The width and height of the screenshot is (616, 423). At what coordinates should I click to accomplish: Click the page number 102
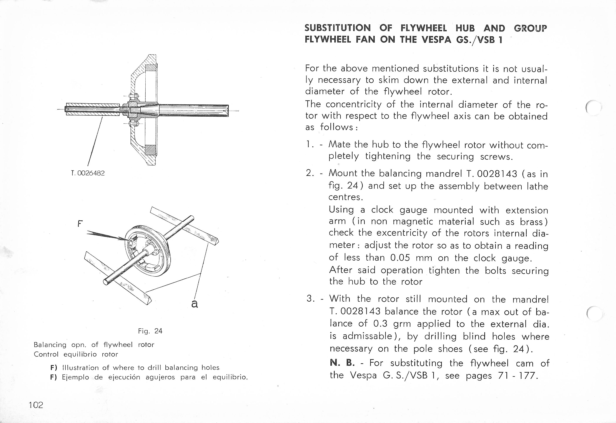36,405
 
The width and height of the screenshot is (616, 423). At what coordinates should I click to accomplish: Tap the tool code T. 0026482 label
88,173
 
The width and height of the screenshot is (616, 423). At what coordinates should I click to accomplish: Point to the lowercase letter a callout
195,304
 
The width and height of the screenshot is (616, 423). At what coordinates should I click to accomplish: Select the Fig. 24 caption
150,331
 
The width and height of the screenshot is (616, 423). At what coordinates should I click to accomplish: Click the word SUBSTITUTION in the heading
337,28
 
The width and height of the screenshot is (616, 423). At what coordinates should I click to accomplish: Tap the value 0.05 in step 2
400,257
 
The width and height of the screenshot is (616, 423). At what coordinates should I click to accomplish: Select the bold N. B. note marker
342,363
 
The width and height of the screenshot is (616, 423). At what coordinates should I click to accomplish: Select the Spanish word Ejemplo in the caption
75,377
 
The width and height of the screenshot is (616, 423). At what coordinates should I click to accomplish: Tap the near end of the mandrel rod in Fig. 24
106,281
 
